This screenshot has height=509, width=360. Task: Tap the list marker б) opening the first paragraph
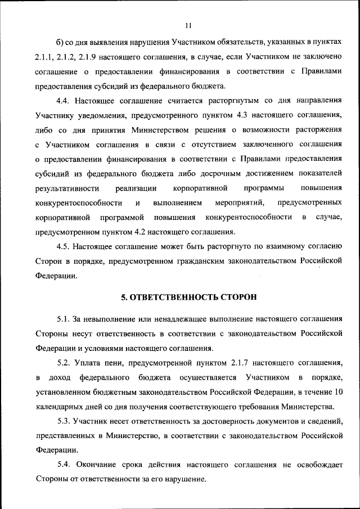(61, 43)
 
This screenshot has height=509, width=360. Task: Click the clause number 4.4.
(64, 101)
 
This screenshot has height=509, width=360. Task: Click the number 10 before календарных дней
(337, 392)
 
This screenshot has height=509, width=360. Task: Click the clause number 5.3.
(64, 421)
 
